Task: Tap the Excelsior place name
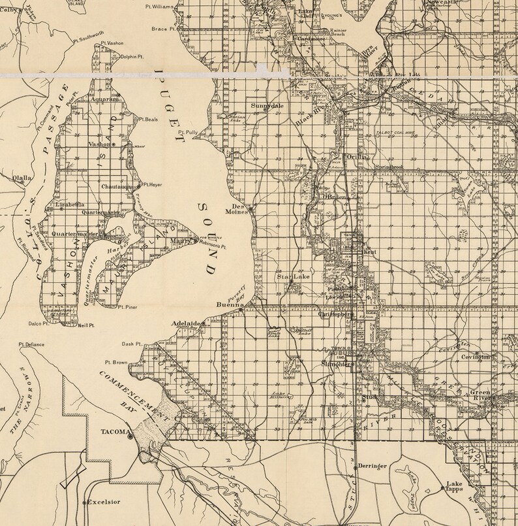107,503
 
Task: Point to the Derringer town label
374,467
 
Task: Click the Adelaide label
186,323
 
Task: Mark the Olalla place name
22,177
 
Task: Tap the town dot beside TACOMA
130,436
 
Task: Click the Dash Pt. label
132,344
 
